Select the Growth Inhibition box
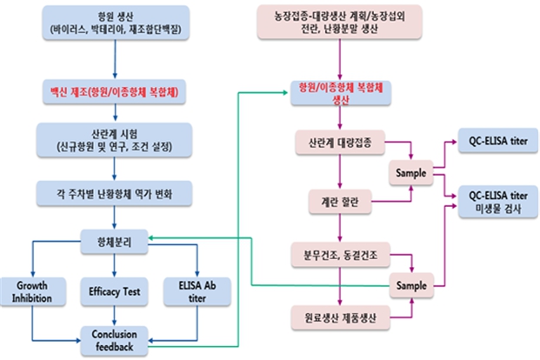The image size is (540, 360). pyautogui.click(x=31, y=290)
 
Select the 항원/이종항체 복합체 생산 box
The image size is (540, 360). pyautogui.click(x=340, y=94)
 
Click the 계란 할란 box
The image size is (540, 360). pyautogui.click(x=340, y=203)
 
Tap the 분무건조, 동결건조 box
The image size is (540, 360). pyautogui.click(x=340, y=258)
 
